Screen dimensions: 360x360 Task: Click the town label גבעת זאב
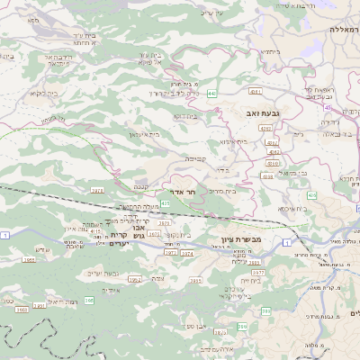pos(256,112)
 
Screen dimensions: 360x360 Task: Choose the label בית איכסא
pos(292,208)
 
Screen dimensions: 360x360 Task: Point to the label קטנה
pos(142,187)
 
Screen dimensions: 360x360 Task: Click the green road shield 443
pos(211,93)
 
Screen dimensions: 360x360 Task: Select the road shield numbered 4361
pos(256,91)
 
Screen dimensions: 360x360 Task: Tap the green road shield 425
pos(165,203)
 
